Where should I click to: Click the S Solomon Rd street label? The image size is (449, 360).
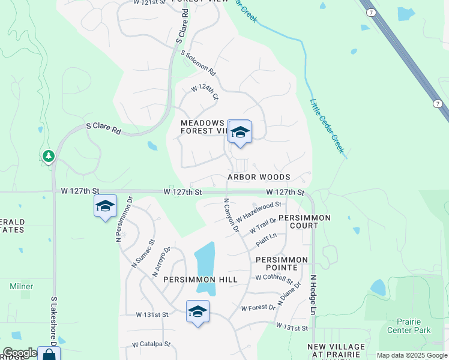pyautogui.click(x=199, y=62)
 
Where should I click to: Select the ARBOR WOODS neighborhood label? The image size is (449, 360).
pyautogui.click(x=259, y=177)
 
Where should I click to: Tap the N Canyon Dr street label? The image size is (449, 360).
pyautogui.click(x=231, y=216)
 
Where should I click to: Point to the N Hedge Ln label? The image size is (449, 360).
pyautogui.click(x=313, y=296)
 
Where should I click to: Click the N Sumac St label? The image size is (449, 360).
pyautogui.click(x=143, y=253)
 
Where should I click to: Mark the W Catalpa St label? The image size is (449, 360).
pyautogui.click(x=152, y=345)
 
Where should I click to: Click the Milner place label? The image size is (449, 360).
pyautogui.click(x=22, y=286)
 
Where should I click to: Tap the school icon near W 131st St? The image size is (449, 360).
pyautogui.click(x=197, y=311)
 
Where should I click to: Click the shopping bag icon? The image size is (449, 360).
pyautogui.click(x=49, y=354)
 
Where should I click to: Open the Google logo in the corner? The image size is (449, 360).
pyautogui.click(x=20, y=353)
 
